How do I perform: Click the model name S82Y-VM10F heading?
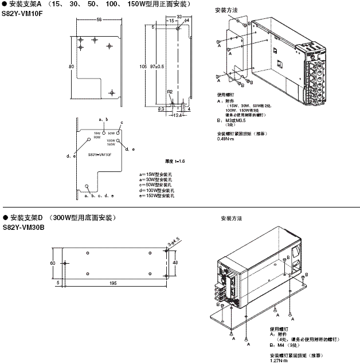coord(22,13)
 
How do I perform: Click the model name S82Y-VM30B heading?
coord(22,227)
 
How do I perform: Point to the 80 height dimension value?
coord(71,66)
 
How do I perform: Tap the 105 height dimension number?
coord(143,66)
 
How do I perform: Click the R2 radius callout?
coord(170,92)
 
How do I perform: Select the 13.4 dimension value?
coord(177,115)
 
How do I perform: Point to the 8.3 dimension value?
coord(161,108)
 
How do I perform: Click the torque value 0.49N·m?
coord(225,138)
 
